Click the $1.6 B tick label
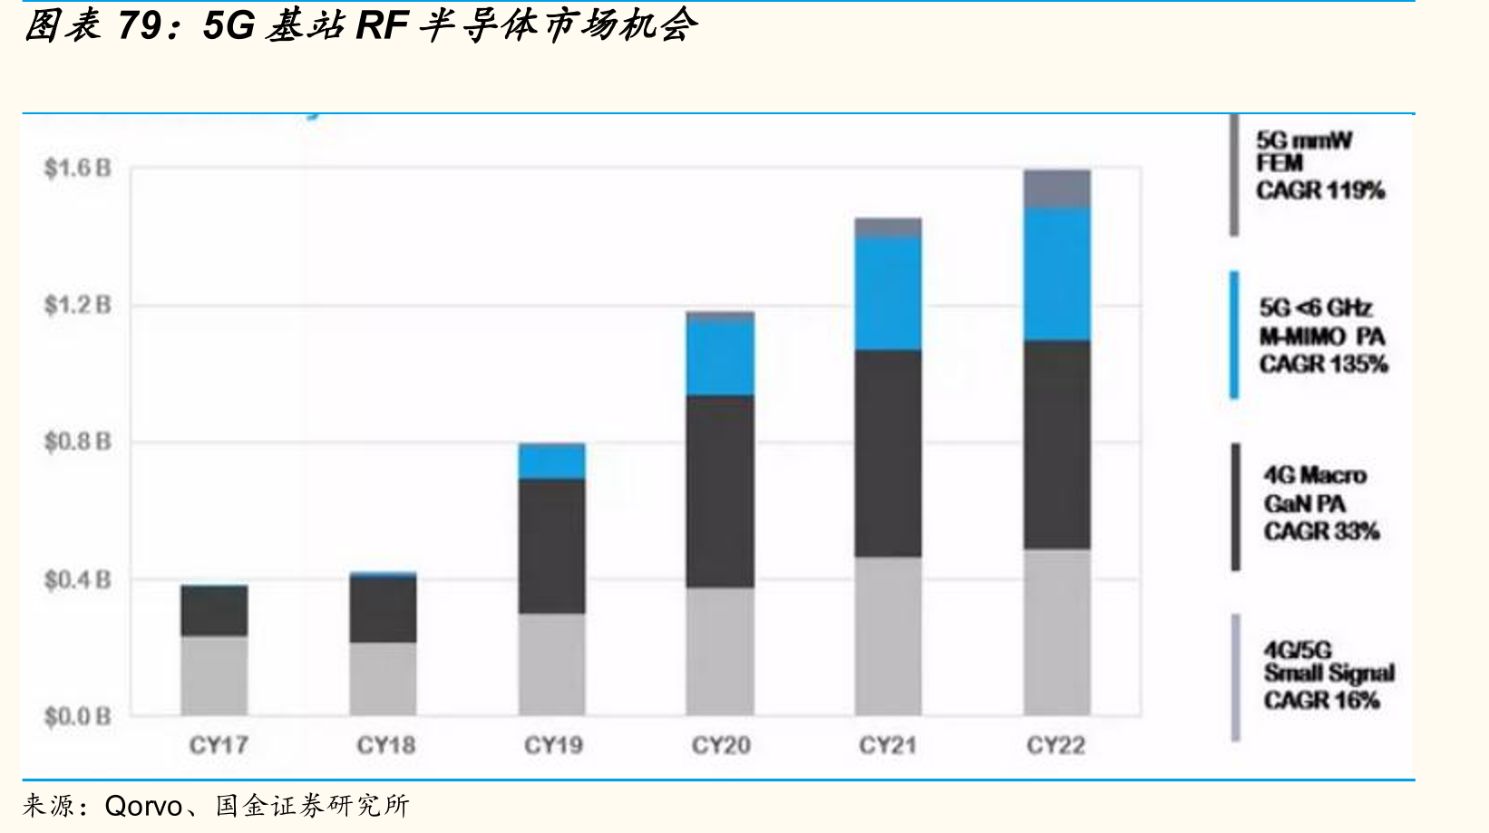pyautogui.click(x=77, y=168)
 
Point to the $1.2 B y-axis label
pyautogui.click(x=77, y=305)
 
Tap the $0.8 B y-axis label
pyautogui.click(x=77, y=441)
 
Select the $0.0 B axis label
pyautogui.click(x=77, y=716)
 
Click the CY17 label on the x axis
pyautogui.click(x=218, y=745)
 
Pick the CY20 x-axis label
pyautogui.click(x=721, y=745)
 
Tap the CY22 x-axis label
pyautogui.click(x=1056, y=745)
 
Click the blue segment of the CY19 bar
pyautogui.click(x=551, y=461)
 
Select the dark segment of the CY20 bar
pyautogui.click(x=721, y=491)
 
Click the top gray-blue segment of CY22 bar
pyautogui.click(x=1057, y=189)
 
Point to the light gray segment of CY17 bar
pyautogui.click(x=214, y=675)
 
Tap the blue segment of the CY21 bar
pyautogui.click(x=888, y=294)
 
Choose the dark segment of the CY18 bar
pyautogui.click(x=383, y=610)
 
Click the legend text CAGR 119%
pyautogui.click(x=1320, y=191)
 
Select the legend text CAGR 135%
pyautogui.click(x=1323, y=364)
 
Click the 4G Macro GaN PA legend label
pyautogui.click(x=1315, y=489)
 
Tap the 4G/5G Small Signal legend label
pyautogui.click(x=1328, y=662)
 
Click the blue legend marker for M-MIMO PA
pyautogui.click(x=1234, y=334)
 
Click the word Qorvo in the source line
pyautogui.click(x=143, y=807)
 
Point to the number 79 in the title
pyautogui.click(x=139, y=26)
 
